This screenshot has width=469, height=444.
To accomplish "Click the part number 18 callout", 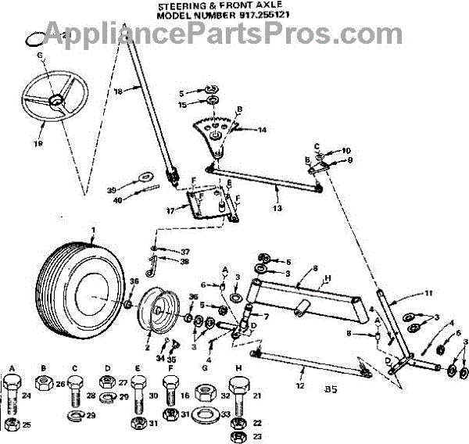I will [141, 91].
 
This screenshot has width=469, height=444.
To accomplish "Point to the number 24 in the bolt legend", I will [27, 396].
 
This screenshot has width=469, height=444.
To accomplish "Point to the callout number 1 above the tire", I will [92, 230].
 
